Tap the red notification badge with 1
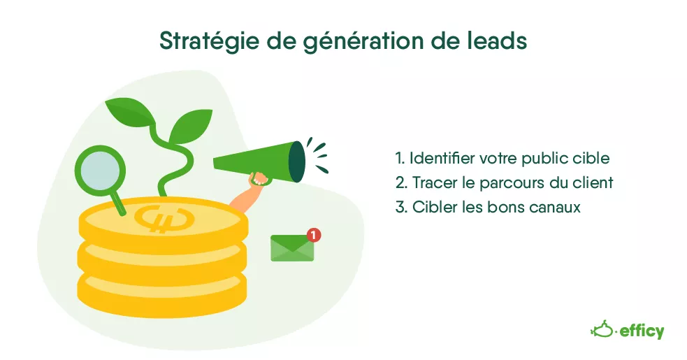pyautogui.click(x=313, y=235)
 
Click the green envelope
pyautogui.click(x=292, y=248)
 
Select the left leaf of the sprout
pyautogui.click(x=130, y=110)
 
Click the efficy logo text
pyautogui.click(x=642, y=331)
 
